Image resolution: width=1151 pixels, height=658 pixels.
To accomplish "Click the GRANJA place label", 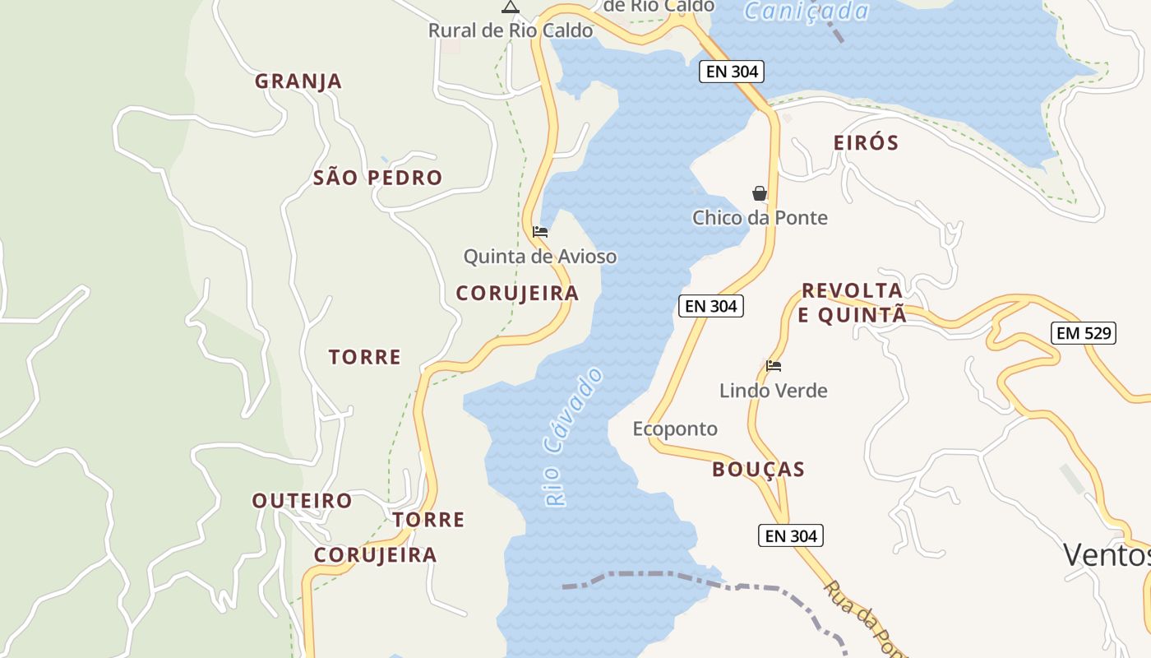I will (x=298, y=81).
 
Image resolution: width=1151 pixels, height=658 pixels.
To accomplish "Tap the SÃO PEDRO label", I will (x=377, y=178).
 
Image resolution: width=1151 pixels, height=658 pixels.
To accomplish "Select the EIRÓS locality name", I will (x=866, y=143).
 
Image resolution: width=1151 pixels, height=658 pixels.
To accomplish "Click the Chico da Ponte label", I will (x=760, y=218).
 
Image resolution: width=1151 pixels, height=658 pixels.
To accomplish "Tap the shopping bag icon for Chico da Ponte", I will (x=760, y=194).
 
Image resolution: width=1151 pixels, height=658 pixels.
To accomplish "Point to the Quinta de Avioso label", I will (x=539, y=257).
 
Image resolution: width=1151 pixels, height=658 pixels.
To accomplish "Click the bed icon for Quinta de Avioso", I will (x=540, y=232).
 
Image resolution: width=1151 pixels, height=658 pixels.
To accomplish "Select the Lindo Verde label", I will (x=773, y=391).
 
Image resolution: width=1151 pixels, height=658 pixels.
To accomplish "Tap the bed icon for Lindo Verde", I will (x=774, y=366).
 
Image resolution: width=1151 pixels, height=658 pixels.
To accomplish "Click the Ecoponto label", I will (x=675, y=429).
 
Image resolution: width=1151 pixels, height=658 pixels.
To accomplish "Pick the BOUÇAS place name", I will (x=758, y=470).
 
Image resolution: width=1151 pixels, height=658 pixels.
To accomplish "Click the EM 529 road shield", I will (x=1083, y=333).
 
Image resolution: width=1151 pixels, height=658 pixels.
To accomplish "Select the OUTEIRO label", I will (x=302, y=501).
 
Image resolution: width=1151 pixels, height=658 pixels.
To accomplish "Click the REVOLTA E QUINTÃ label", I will (x=853, y=303).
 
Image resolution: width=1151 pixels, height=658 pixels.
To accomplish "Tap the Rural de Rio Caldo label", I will (x=510, y=31).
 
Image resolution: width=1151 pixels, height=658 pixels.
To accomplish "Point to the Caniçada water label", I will (x=806, y=12).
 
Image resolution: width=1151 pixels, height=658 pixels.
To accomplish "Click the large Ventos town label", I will (x=1106, y=555).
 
